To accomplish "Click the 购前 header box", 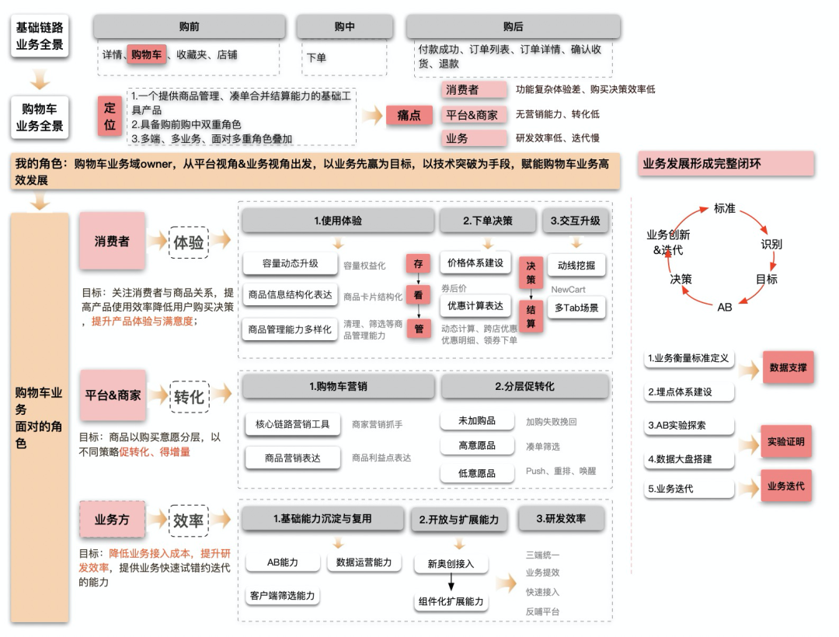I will point(189,27).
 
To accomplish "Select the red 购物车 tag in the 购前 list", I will point(147,54).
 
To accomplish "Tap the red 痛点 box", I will point(409,115).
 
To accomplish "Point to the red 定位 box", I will point(110,117).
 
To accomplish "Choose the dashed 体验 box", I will point(189,242).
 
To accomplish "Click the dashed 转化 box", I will point(189,396).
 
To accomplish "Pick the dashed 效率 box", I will point(189,520).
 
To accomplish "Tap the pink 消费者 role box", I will point(112,241).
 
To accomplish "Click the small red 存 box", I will point(419,263).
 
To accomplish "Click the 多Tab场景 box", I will point(576,308).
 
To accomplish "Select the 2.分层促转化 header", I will point(524,386).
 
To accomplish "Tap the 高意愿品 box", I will point(477,446).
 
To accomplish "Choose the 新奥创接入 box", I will point(451,563).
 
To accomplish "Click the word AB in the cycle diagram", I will point(724,307).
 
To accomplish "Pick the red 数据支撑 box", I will point(787,367).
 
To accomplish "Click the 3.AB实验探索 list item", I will point(689,426).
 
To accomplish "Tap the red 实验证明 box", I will point(785,441).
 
